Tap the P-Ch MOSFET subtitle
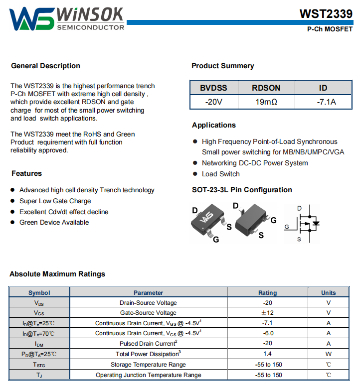tap(330, 29)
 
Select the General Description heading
tap(45, 66)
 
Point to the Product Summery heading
tap(223, 66)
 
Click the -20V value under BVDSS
tap(213, 102)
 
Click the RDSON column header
tap(266, 88)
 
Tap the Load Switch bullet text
tap(220, 174)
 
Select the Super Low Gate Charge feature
tap(55, 201)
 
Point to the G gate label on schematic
tap(287, 227)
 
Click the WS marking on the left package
tap(206, 218)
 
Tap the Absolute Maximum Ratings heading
tap(57, 274)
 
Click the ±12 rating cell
tap(267, 313)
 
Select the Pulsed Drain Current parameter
tap(148, 344)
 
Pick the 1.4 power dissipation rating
tap(267, 354)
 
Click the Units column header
tap(328, 293)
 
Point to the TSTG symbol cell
tap(39, 365)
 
